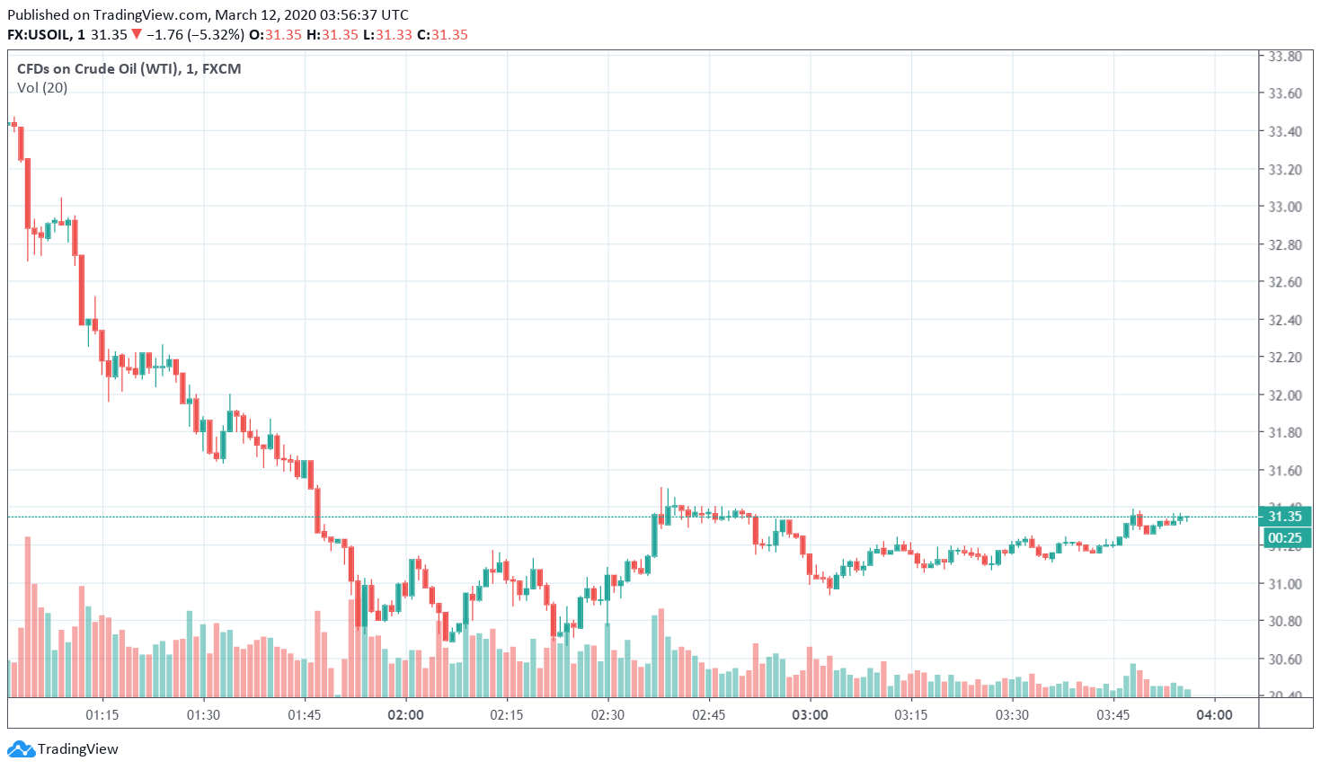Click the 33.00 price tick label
[1284, 207]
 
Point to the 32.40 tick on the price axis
[1284, 320]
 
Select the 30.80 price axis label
[1284, 621]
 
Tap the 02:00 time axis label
[405, 715]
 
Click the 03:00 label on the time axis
[810, 715]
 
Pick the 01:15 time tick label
[102, 715]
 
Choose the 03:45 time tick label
[1113, 715]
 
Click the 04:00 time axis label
[1214, 715]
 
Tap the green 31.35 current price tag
[1285, 517]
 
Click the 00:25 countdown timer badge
[1285, 538]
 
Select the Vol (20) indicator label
[42, 88]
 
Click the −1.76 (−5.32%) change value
[195, 35]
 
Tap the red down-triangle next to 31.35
[137, 35]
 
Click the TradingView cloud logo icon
[21, 749]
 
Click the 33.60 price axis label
[1284, 93]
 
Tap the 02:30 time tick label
[607, 715]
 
